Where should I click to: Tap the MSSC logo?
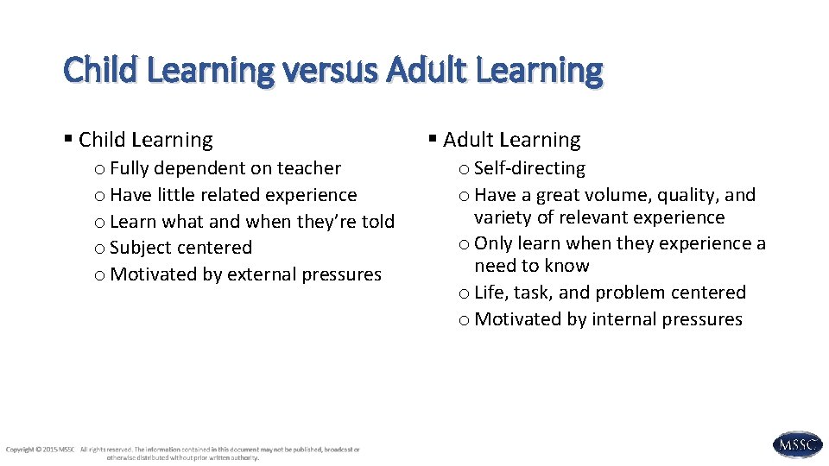pyautogui.click(x=797, y=444)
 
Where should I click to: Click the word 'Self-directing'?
pyautogui.click(x=529, y=168)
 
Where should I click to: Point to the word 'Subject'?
pyautogui.click(x=139, y=248)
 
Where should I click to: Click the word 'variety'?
pyautogui.click(x=502, y=217)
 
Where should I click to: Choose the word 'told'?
pyautogui.click(x=377, y=222)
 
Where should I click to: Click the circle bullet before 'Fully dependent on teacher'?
pyautogui.click(x=101, y=169)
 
